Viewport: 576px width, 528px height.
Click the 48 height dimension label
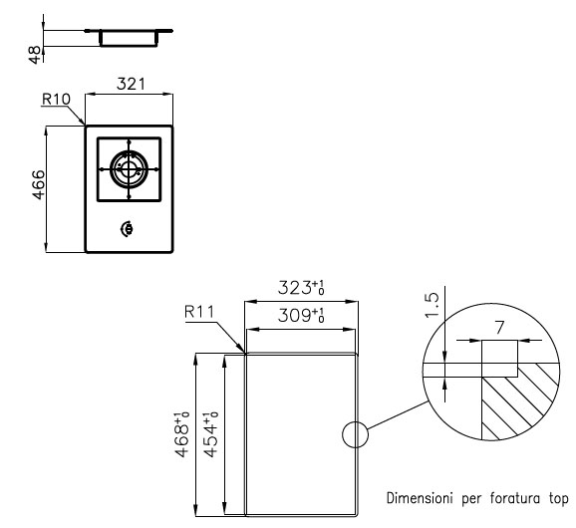point(35,55)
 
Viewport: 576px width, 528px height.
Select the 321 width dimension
point(131,84)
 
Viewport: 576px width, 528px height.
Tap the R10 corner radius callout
point(56,100)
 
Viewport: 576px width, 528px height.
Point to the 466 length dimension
point(38,184)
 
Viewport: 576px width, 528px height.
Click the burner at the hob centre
point(129,169)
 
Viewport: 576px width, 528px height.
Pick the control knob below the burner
point(127,229)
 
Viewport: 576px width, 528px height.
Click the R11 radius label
point(199,312)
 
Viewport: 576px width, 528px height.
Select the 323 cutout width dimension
point(301,288)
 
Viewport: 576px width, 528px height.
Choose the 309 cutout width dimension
point(301,316)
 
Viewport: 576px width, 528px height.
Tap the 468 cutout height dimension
point(182,434)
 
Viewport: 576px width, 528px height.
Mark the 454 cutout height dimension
point(211,434)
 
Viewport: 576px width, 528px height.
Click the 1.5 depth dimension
point(432,305)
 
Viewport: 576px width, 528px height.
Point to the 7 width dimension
point(499,328)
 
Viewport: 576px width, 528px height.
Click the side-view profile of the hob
point(129,38)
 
